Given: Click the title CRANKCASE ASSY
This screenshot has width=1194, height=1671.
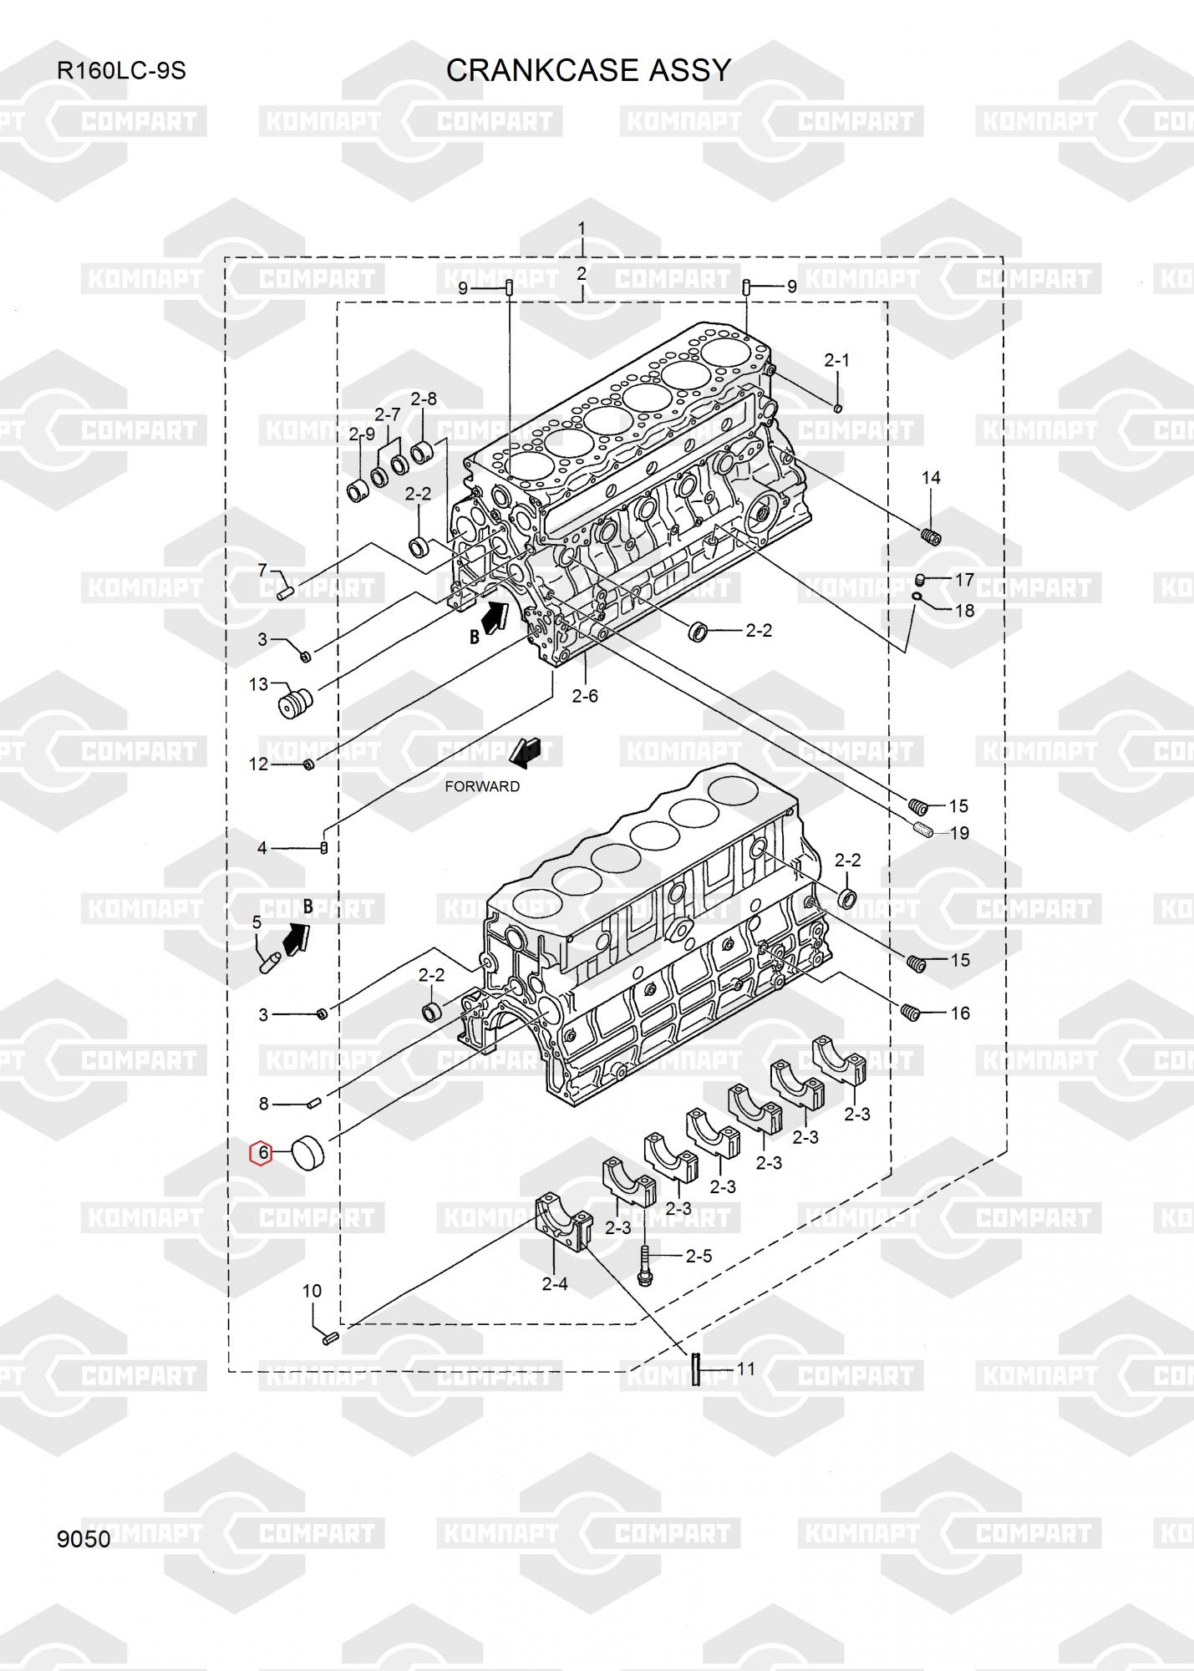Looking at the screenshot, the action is [588, 71].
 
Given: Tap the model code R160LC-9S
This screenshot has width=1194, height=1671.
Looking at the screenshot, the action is [121, 71].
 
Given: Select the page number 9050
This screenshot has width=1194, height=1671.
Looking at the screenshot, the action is [84, 1539].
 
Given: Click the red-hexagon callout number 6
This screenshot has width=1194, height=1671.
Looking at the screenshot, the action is [262, 1153].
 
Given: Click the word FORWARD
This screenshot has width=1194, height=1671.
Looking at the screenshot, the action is [482, 786].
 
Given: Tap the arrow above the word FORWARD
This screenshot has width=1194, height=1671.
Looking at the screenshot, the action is [526, 753].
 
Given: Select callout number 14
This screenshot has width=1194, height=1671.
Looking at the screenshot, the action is [931, 478].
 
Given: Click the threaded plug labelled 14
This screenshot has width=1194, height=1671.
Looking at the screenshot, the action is [931, 536].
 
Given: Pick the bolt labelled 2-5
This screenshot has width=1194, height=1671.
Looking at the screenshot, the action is [646, 1266].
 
